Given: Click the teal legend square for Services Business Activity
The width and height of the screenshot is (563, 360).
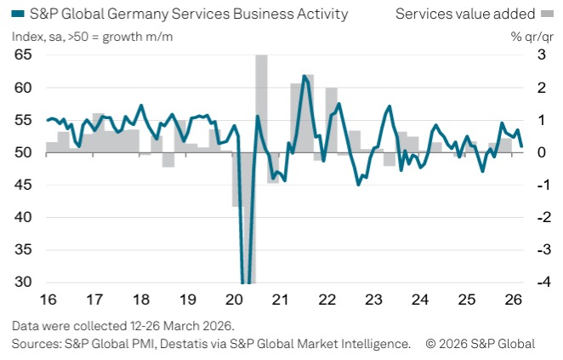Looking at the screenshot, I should (18, 14).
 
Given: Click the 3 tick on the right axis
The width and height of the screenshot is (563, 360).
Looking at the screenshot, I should (540, 55).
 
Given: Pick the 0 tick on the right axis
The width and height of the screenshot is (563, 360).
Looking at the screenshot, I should (540, 153).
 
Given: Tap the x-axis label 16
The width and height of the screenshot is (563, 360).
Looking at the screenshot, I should (48, 300).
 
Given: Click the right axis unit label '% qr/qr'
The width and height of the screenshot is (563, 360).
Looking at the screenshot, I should (530, 36).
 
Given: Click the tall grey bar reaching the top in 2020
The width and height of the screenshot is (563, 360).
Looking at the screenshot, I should (261, 102).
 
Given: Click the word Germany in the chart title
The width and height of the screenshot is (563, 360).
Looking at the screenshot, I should (133, 14).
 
